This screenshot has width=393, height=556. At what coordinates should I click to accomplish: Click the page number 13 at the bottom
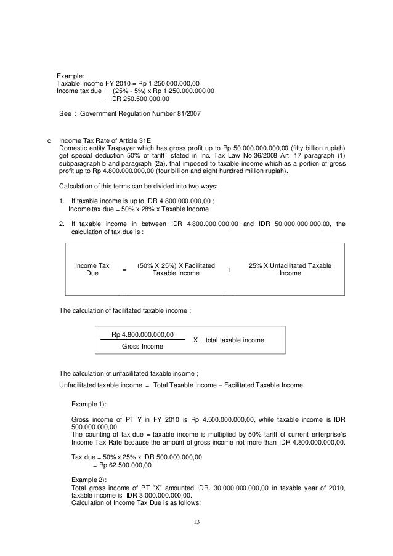(196, 523)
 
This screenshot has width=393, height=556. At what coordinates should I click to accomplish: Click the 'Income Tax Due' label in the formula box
(92, 269)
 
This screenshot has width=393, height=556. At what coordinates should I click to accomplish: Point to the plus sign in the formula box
(230, 270)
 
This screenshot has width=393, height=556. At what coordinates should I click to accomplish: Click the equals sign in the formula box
(124, 270)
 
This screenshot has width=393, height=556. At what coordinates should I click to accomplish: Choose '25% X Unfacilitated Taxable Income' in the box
(290, 269)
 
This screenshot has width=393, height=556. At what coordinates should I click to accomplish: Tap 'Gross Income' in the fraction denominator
(142, 347)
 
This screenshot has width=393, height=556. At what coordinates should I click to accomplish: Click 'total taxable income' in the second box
(234, 340)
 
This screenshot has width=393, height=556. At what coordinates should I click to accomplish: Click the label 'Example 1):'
(89, 403)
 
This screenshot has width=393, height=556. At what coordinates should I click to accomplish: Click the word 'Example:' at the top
(71, 75)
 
